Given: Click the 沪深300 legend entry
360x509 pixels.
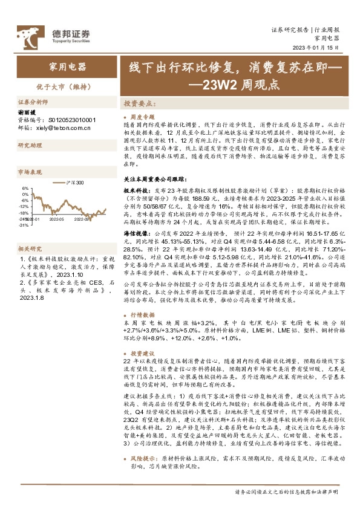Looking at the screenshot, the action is [76, 182].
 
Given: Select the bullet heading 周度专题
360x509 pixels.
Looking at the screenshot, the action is [143, 115].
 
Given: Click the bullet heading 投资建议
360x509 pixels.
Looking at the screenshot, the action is [143, 353].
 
